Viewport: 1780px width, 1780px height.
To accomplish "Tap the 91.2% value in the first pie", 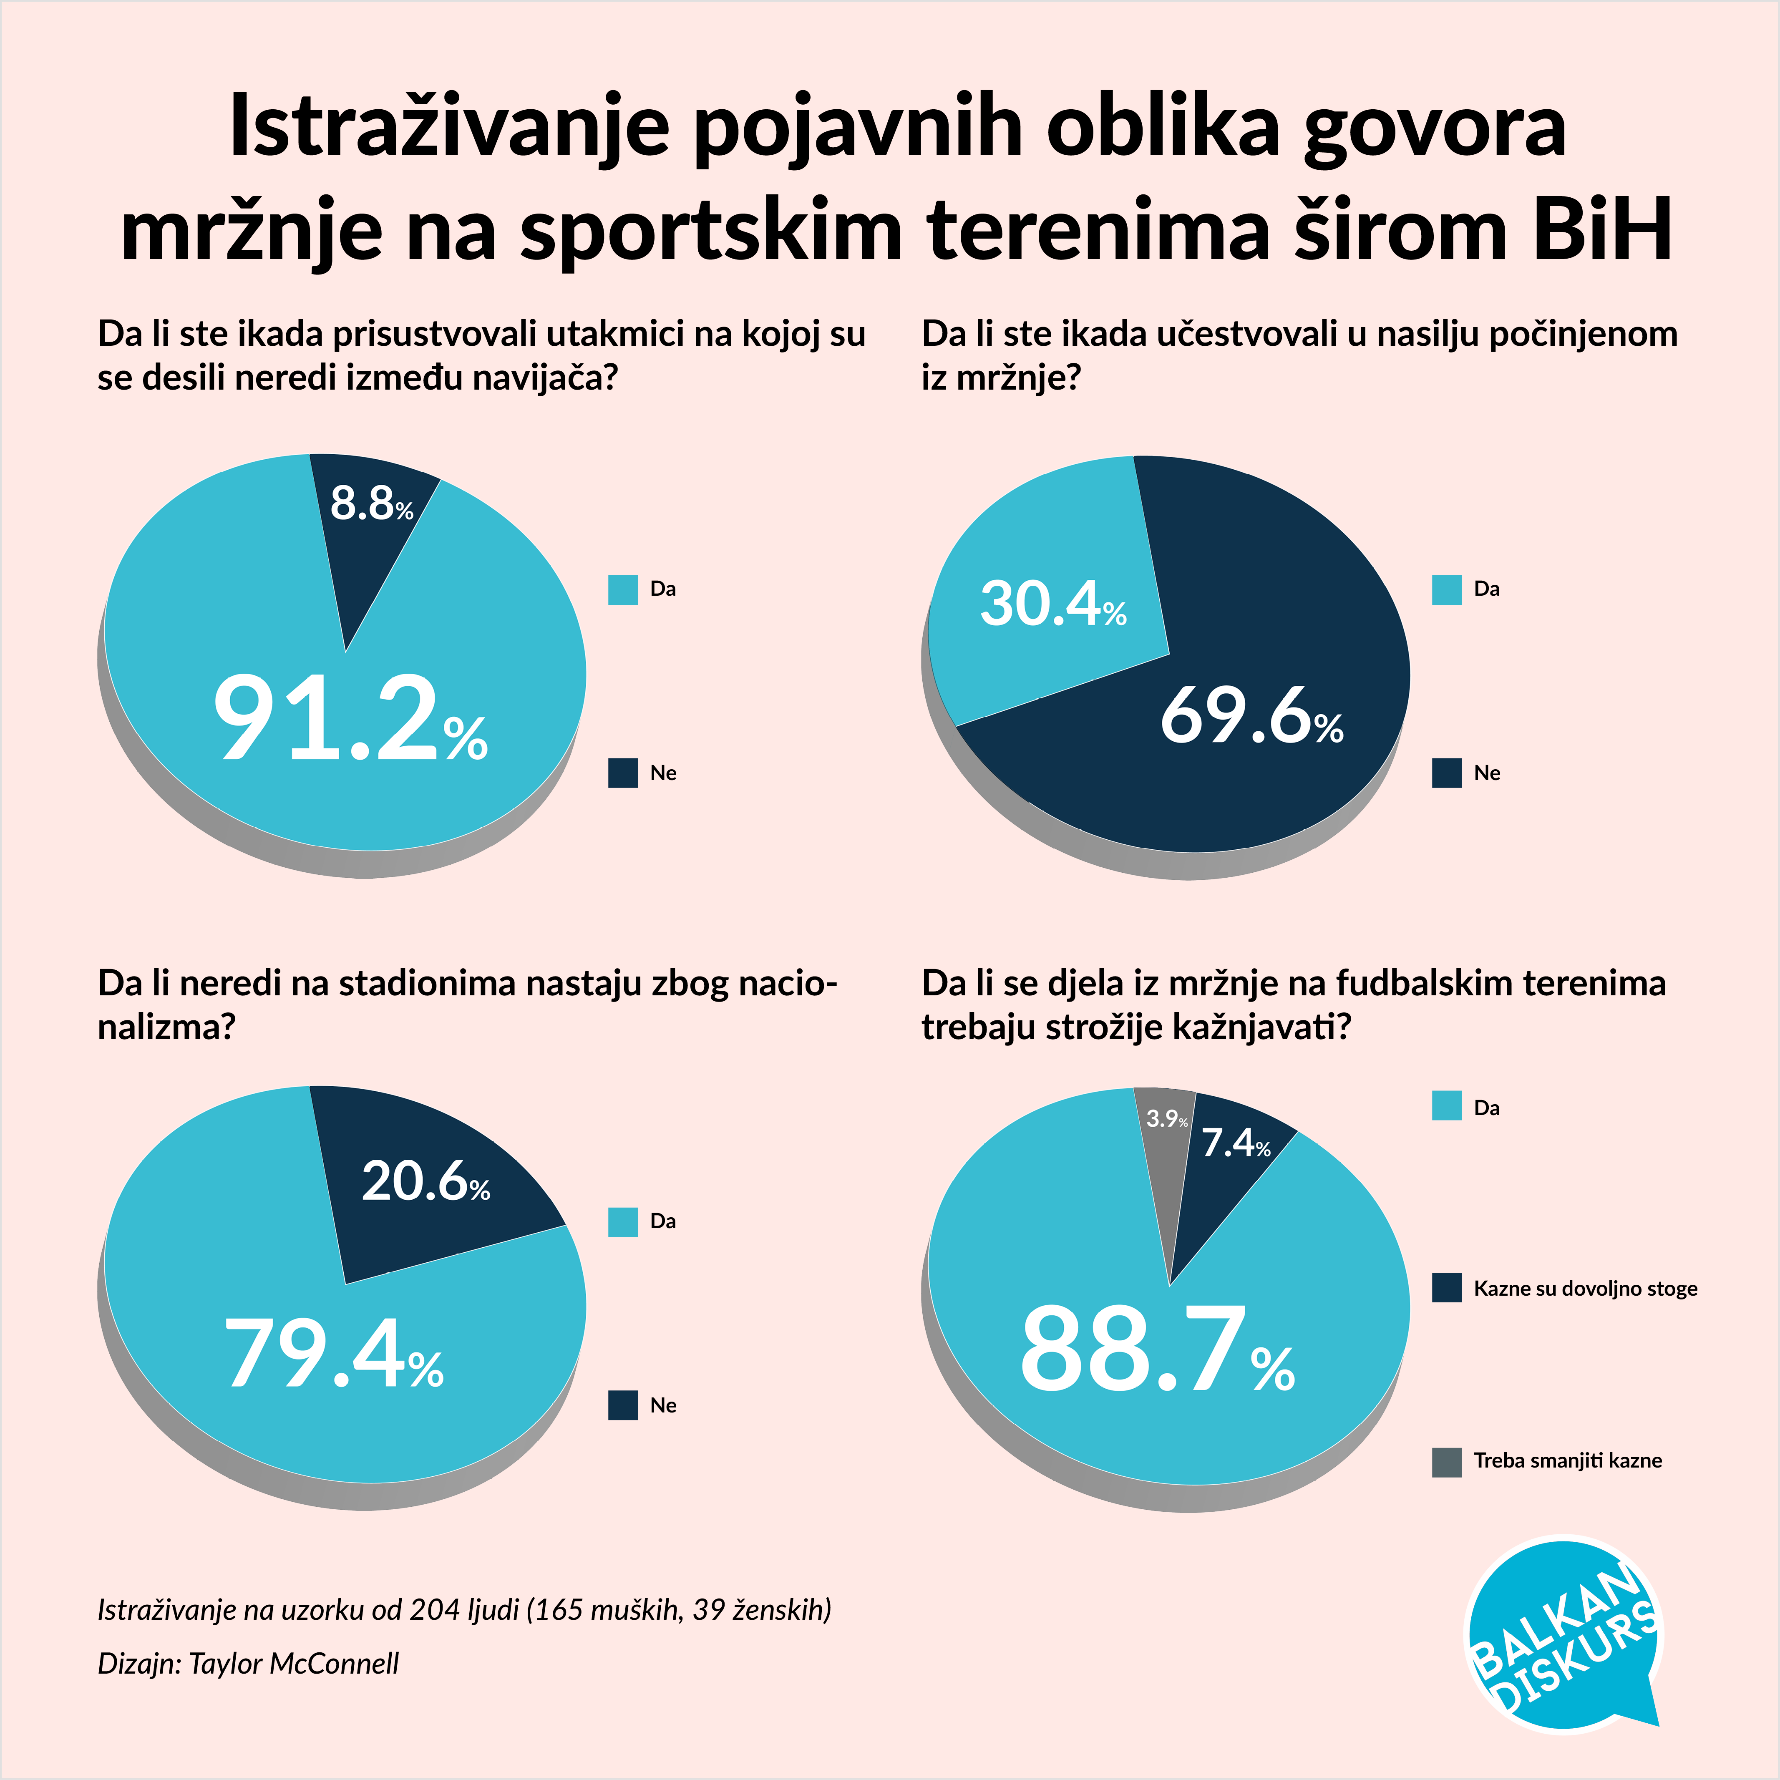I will coord(350,719).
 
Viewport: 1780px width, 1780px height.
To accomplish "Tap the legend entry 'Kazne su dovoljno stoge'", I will coord(1585,1288).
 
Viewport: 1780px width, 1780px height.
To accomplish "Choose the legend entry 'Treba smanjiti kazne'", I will coord(1567,1460).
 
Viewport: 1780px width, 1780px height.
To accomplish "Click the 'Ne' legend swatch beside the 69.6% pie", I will coord(1446,773).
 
